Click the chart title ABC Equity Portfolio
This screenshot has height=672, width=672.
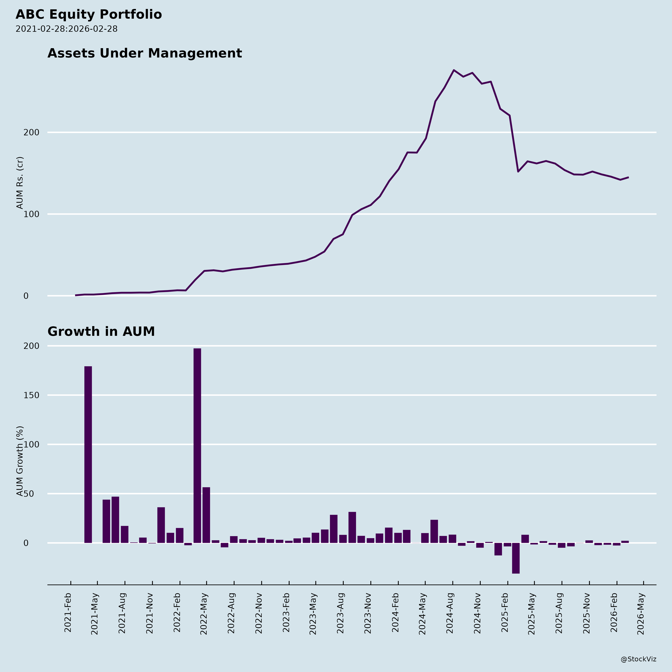click(89, 15)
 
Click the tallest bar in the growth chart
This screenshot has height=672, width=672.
click(197, 445)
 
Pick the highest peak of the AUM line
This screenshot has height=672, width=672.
click(454, 70)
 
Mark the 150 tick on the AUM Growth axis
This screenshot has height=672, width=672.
click(31, 395)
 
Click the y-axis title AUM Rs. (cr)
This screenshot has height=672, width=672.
click(20, 183)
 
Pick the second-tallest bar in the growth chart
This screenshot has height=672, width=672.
click(88, 454)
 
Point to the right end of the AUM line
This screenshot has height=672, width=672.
click(628, 177)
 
